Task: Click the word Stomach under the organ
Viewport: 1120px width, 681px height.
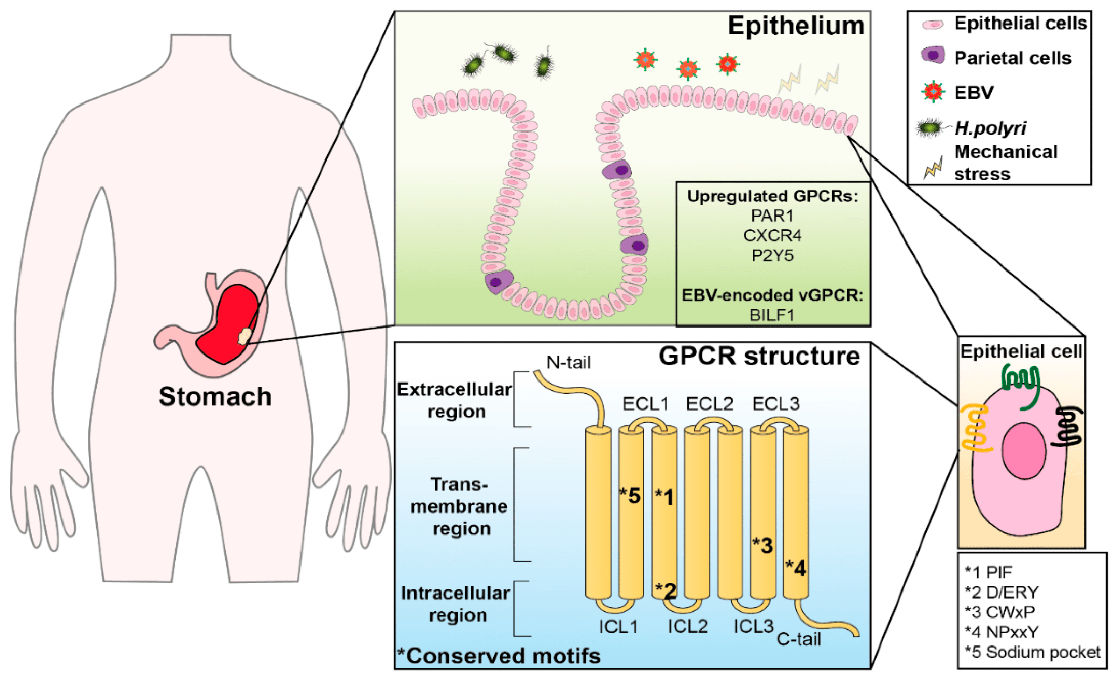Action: (215, 397)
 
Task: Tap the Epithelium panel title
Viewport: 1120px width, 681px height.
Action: (796, 26)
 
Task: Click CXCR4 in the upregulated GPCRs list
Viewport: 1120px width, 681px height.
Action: (772, 236)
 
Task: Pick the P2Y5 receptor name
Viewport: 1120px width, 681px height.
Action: (772, 255)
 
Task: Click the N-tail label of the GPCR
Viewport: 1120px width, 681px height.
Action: (568, 362)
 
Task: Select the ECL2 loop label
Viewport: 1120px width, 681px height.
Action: (710, 403)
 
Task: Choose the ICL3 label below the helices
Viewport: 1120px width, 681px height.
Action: (753, 626)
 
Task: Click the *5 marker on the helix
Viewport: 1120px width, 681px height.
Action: (630, 496)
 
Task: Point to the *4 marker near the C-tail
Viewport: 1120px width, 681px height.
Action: (796, 568)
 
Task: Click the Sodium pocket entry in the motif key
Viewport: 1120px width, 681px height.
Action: (1032, 652)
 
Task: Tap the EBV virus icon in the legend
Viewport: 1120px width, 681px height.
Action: (933, 92)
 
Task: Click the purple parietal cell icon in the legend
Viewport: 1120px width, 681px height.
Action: (933, 55)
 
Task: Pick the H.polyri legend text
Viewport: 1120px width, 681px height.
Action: (990, 128)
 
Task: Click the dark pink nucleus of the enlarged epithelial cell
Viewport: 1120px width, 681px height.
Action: (1024, 450)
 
